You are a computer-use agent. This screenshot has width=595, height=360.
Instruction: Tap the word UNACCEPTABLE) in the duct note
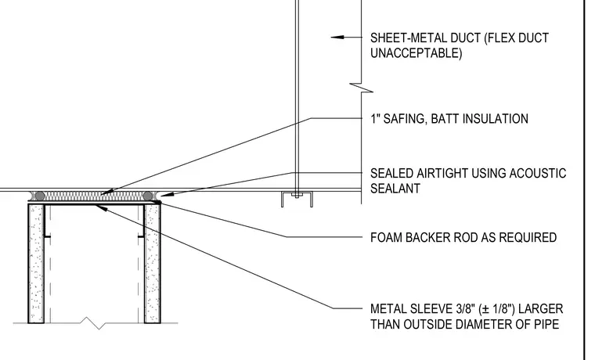416,53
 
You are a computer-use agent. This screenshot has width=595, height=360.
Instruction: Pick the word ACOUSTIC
537,174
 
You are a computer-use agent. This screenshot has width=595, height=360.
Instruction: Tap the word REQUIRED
528,237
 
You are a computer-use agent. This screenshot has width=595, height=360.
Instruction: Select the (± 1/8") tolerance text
496,309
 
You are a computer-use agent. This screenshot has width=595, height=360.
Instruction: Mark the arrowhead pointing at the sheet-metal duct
337,38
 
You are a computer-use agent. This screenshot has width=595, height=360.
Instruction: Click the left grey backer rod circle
39,196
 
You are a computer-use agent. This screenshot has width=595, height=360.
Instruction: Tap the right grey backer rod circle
148,196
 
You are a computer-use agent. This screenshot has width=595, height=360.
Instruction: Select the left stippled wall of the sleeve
36,264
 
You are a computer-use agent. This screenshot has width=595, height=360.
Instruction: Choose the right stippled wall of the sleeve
152,264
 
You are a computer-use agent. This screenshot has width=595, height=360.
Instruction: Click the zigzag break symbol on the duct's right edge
361,88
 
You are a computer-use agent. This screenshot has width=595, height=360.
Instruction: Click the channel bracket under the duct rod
297,200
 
